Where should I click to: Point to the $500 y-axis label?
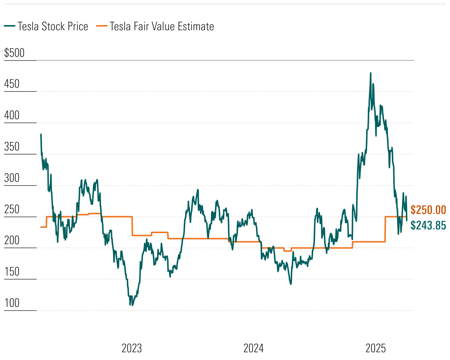[x=14, y=53]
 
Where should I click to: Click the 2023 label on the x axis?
[x=132, y=348]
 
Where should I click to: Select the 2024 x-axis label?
[x=253, y=348]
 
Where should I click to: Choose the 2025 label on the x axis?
[x=375, y=348]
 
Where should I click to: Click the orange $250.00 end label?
[x=428, y=210]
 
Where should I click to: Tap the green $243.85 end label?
[x=428, y=225]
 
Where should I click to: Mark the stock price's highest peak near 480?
[x=370, y=73]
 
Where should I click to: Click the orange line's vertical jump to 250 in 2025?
[x=385, y=229]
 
